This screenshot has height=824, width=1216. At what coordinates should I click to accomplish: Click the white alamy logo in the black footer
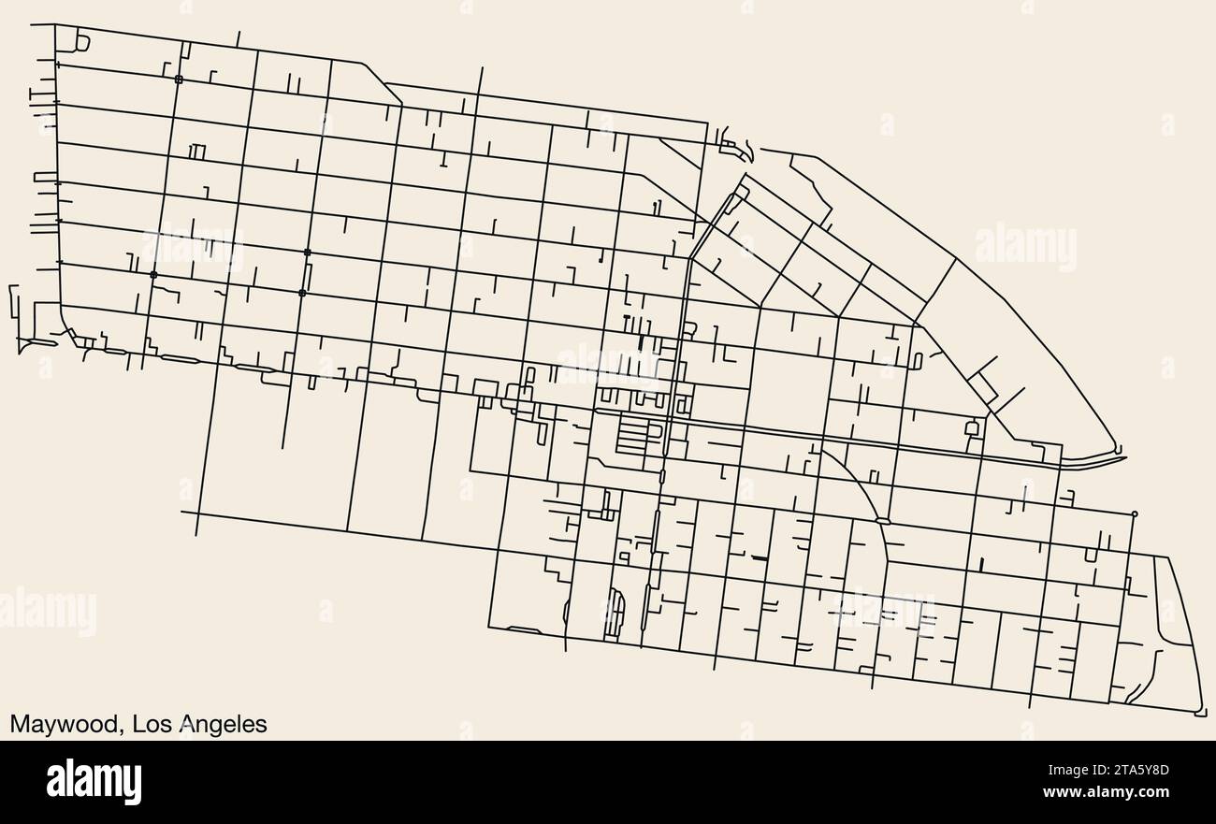94,781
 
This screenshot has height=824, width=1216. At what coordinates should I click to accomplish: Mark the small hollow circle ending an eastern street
1135,513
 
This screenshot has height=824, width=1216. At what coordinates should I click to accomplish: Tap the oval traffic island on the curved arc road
882,519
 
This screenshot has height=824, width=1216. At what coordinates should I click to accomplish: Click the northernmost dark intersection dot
179,80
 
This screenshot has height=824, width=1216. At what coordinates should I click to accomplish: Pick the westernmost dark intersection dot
153,274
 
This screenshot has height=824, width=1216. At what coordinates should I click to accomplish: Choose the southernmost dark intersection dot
301,293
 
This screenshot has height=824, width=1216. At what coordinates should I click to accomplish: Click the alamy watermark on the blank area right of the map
1025,247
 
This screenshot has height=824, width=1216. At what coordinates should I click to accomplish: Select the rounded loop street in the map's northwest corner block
81,42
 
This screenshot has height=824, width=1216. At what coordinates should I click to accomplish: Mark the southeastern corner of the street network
1202,713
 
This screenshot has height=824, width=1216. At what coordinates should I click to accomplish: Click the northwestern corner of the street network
56,25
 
